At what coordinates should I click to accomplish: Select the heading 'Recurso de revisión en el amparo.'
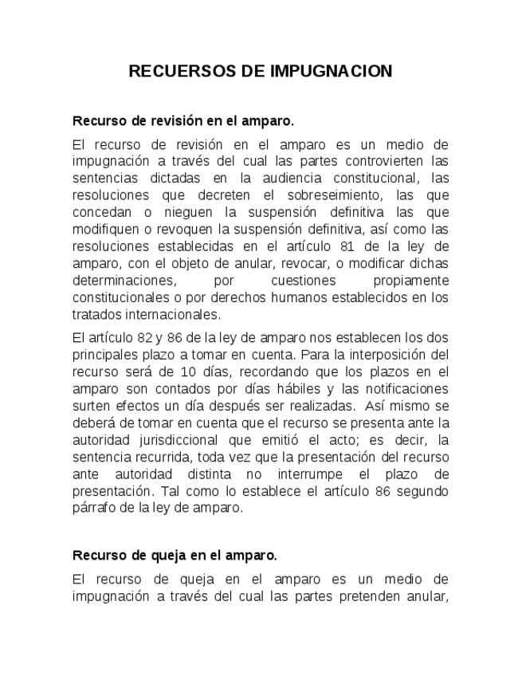pyautogui.click(x=183, y=121)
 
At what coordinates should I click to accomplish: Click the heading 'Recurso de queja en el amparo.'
pyautogui.click(x=175, y=555)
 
